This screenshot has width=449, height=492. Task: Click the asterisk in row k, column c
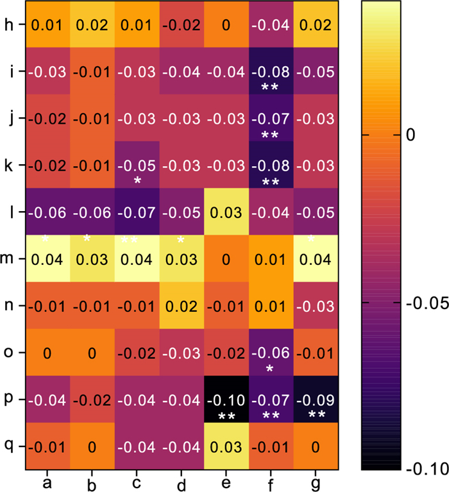[x=138, y=182]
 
